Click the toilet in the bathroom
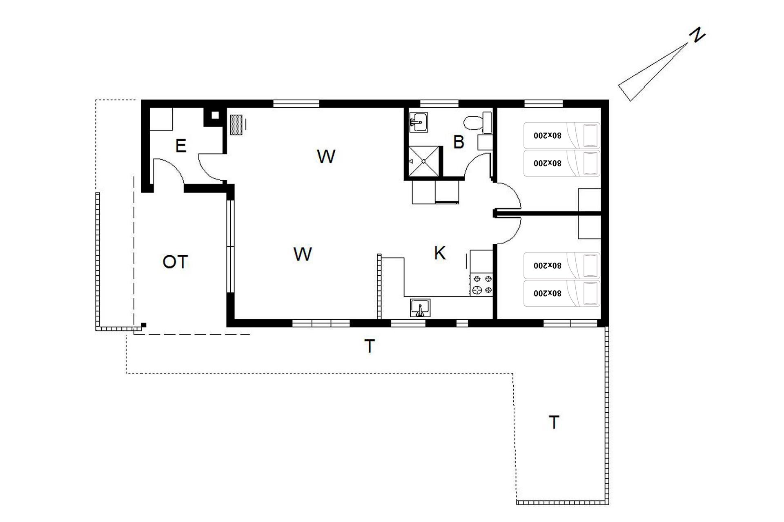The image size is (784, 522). [478, 122]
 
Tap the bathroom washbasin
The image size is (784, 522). [419, 122]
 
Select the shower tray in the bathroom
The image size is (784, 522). [424, 161]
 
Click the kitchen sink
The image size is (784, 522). [420, 308]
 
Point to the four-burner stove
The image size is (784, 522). [482, 285]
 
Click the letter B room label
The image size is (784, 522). [459, 142]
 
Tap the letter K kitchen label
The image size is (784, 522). [439, 253]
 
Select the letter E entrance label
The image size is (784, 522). [180, 146]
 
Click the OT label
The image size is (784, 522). [175, 262]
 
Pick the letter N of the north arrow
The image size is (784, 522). [697, 35]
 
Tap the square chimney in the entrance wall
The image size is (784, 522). [215, 115]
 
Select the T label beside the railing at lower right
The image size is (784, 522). [554, 422]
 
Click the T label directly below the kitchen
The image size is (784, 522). [369, 346]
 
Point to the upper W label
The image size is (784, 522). [326, 156]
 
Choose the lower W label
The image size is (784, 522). [303, 254]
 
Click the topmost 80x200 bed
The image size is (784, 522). [562, 135]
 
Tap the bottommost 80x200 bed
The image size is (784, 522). [562, 293]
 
